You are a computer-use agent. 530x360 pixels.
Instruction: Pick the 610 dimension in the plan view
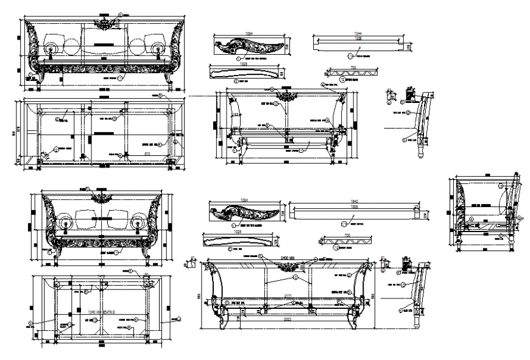(147, 154)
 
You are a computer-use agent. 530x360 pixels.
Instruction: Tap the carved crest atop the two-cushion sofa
(100, 197)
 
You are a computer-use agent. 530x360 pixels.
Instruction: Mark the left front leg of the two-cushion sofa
(55, 253)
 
